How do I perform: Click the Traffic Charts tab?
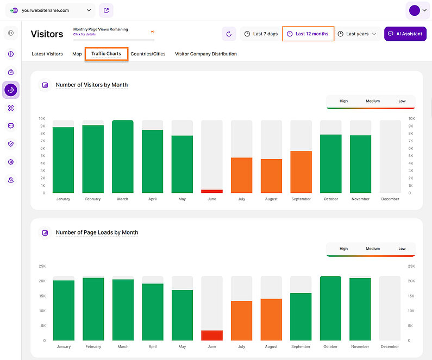(x=106, y=54)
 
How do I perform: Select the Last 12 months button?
(x=308, y=34)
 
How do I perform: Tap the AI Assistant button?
(x=405, y=34)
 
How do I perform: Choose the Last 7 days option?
(x=261, y=34)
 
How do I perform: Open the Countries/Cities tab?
(x=148, y=54)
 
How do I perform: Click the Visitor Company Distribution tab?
(x=205, y=54)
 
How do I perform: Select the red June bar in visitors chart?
(x=212, y=191)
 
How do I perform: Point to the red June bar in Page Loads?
(x=212, y=336)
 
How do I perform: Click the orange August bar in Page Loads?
(x=271, y=319)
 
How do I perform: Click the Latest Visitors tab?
(x=47, y=54)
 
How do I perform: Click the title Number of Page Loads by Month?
(x=97, y=232)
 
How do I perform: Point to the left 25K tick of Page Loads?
(x=42, y=266)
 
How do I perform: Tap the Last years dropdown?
(x=357, y=34)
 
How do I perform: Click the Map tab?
(x=77, y=54)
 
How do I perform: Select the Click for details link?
(x=84, y=34)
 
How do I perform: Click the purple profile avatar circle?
(x=415, y=10)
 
